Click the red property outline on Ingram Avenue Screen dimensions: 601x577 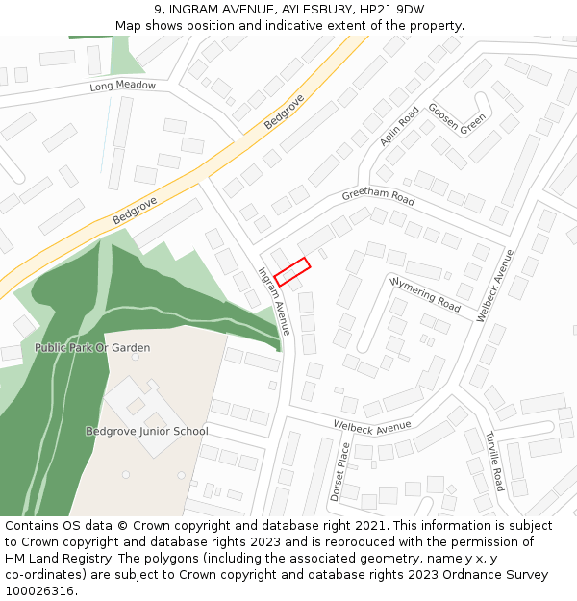tap(291, 271)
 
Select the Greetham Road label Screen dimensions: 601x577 tap(378, 197)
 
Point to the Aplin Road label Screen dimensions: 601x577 tap(399, 126)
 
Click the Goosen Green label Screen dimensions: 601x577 tap(457, 119)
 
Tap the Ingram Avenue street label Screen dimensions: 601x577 tap(273, 300)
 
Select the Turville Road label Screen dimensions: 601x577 tap(493, 461)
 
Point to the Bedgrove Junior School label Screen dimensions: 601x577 tap(146, 431)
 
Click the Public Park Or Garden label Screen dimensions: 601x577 tap(92, 347)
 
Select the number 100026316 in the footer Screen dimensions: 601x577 tap(38, 591)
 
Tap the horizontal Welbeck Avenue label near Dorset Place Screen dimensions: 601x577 tap(371, 426)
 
